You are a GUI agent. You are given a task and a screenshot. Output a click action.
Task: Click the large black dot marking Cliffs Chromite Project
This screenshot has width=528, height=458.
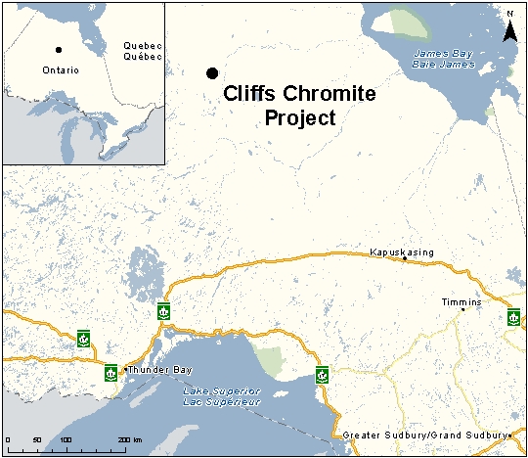[x=211, y=73]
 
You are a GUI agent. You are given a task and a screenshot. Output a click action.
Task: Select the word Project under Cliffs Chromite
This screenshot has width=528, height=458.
[x=300, y=117]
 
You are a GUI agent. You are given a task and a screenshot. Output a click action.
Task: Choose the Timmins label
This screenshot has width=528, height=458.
[x=462, y=302]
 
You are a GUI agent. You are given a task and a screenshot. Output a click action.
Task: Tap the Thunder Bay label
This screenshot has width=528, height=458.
[x=162, y=369]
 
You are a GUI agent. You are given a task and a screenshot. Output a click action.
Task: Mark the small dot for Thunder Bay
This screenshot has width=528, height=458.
[x=126, y=369]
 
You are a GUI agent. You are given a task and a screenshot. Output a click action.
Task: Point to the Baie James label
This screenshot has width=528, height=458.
[x=445, y=65]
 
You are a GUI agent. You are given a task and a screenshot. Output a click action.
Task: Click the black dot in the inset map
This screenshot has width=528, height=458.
[x=59, y=50]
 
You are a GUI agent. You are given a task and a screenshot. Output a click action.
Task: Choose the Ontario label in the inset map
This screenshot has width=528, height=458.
[x=61, y=70]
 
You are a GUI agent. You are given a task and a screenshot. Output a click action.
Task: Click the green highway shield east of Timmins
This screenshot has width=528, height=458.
[x=513, y=315]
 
